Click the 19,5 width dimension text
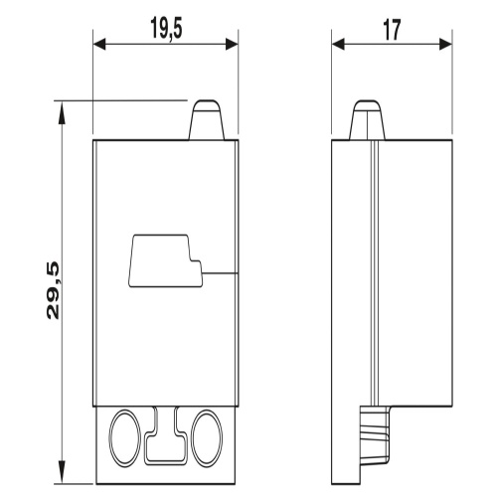[166, 29]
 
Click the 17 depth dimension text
[392, 30]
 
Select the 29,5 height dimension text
[53, 290]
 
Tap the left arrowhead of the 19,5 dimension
[99, 44]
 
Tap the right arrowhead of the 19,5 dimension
[232, 44]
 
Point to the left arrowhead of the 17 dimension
[338, 44]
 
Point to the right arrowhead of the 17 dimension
[446, 44]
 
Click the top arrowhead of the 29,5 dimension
[63, 113]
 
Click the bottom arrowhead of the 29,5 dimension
[63, 471]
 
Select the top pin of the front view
[207, 119]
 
